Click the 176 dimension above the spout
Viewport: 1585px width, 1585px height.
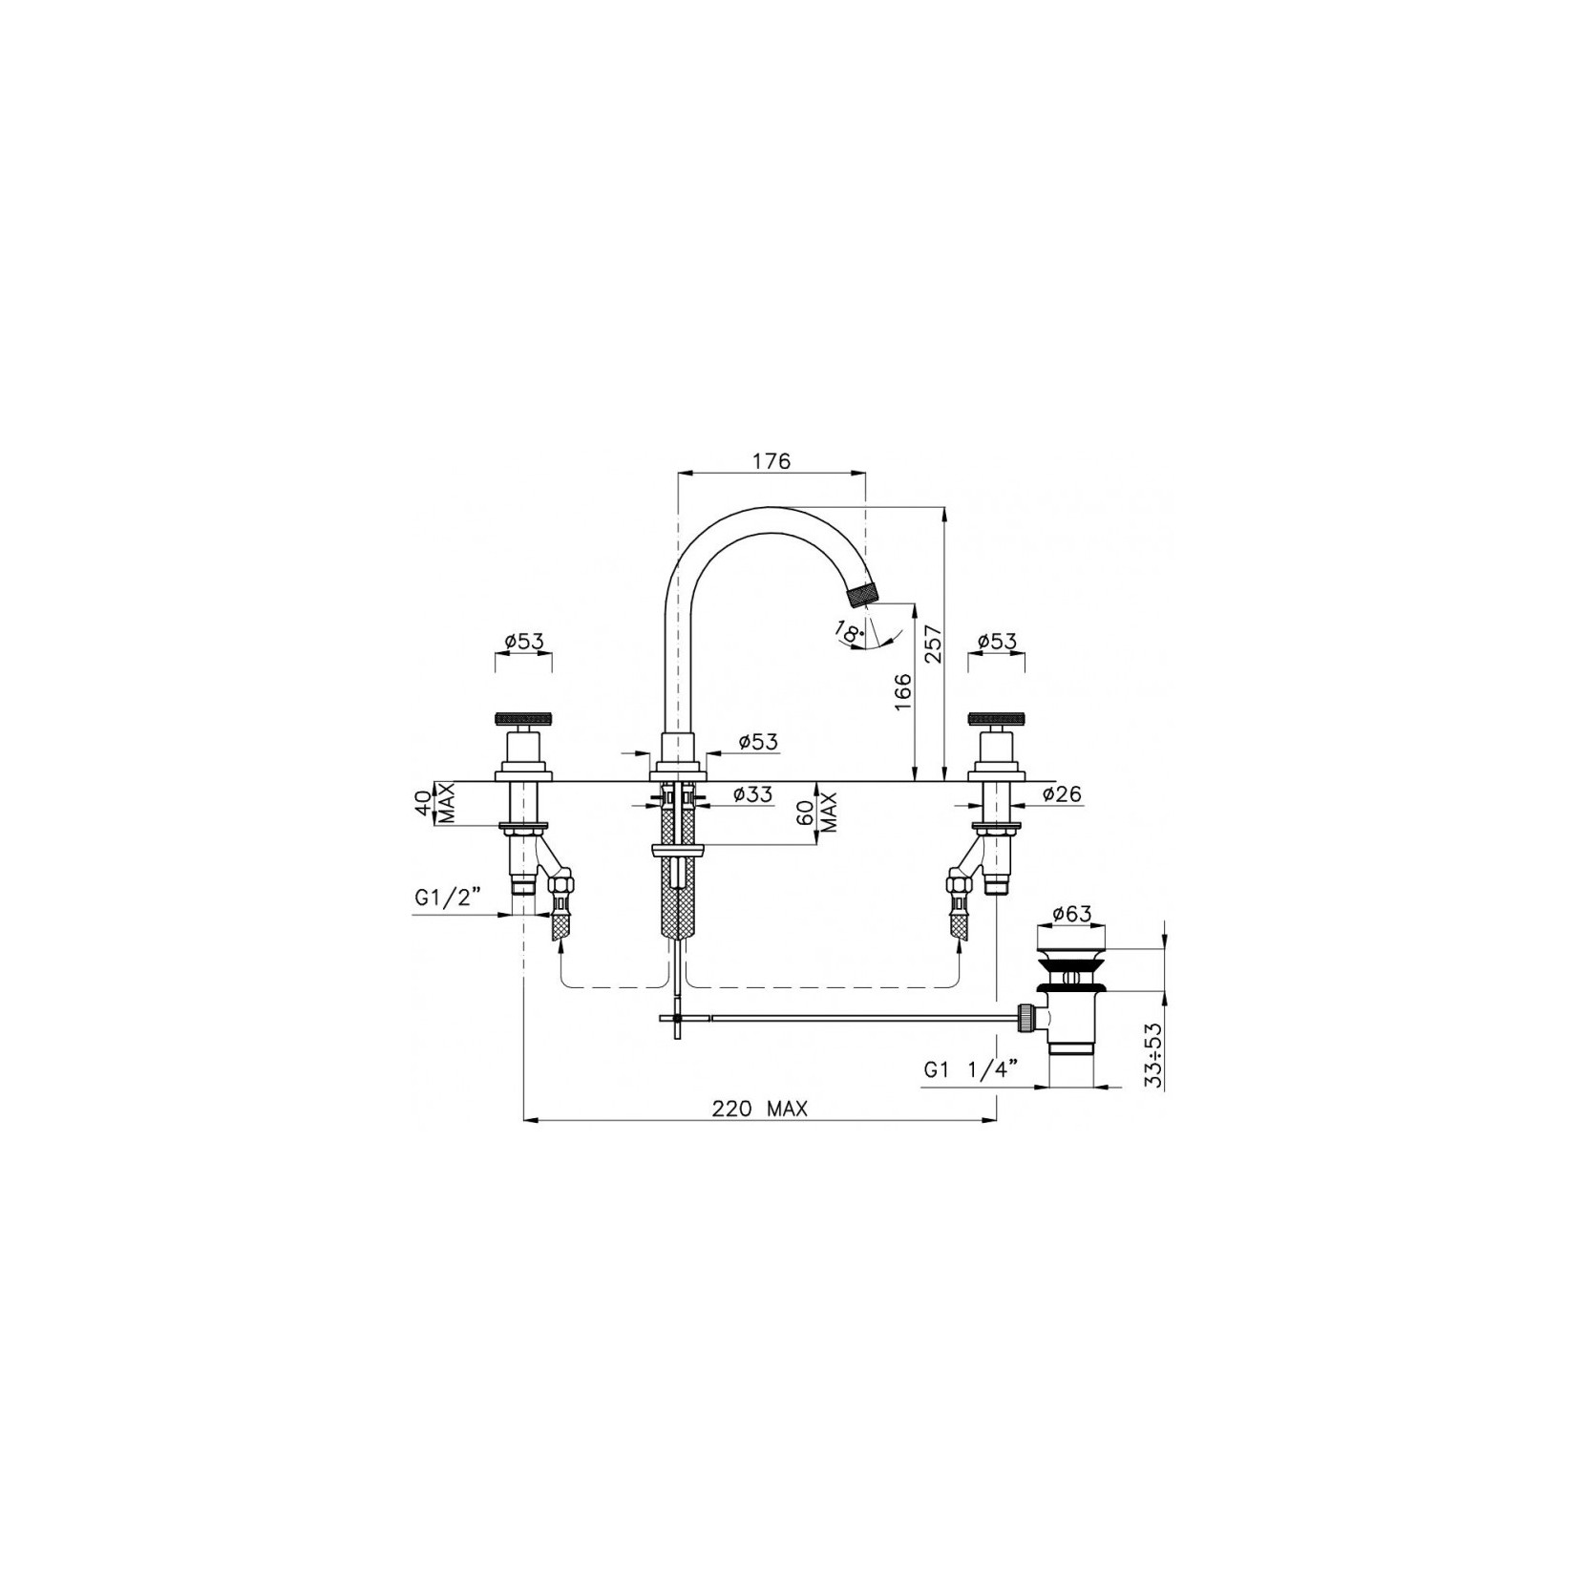click(771, 461)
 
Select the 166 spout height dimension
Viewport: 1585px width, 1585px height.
click(903, 691)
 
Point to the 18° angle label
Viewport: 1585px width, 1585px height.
click(848, 631)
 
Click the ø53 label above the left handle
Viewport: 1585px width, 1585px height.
click(523, 642)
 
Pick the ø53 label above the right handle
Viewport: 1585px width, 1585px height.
click(997, 642)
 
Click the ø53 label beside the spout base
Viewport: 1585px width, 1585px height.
click(758, 741)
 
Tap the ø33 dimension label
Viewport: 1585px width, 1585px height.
click(752, 793)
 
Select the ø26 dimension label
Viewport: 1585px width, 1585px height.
click(1062, 793)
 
